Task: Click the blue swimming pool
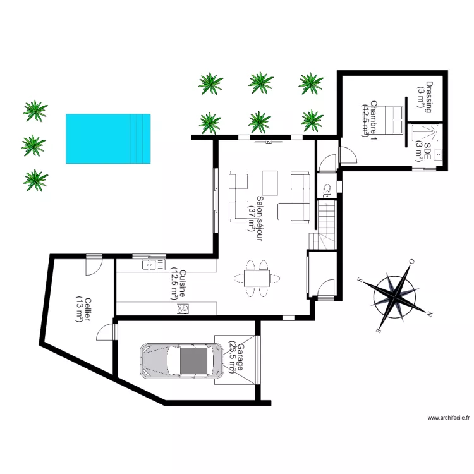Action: [x=108, y=138]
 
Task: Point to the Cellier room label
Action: [x=83, y=310]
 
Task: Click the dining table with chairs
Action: [x=257, y=277]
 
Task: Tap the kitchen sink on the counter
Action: [x=153, y=265]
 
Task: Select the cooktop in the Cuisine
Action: [x=185, y=308]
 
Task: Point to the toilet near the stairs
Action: [x=328, y=188]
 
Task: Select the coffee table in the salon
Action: [x=270, y=183]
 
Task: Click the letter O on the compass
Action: [x=411, y=261]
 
